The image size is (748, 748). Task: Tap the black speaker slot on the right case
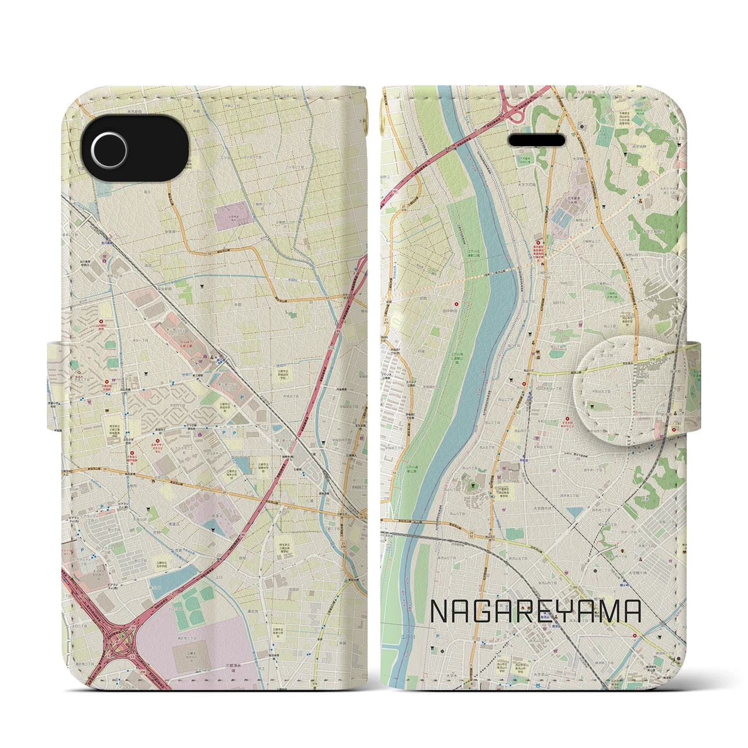point(537,141)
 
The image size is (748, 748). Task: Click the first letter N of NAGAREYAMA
point(439,611)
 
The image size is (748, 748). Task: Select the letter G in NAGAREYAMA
point(485,611)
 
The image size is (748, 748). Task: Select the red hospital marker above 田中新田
point(457,303)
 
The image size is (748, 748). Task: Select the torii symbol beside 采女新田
point(200,286)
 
